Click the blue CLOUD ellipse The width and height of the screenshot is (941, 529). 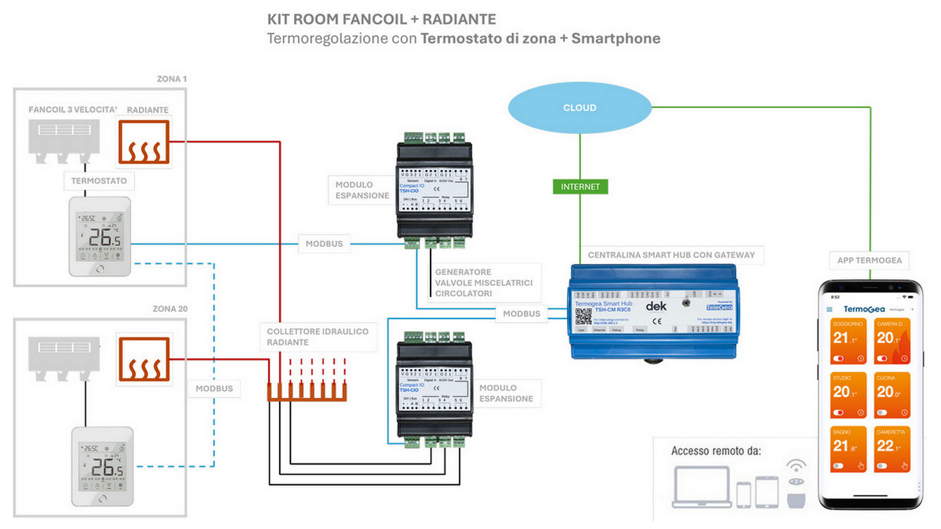[579, 107]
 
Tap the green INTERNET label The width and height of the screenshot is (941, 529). [580, 187]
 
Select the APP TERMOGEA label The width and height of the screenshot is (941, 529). [869, 260]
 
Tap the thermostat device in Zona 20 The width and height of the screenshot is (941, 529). [100, 466]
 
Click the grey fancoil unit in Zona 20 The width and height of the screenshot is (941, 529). [64, 353]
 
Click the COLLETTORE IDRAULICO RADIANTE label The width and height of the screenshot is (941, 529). [317, 337]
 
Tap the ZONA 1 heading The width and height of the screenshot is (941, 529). [171, 79]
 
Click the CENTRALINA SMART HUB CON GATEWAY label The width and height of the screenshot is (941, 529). [671, 254]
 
